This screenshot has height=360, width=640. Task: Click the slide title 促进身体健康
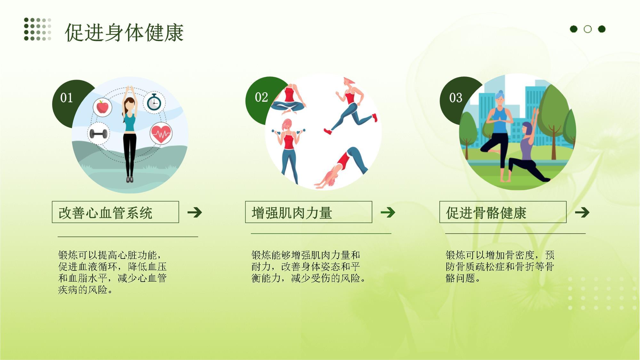(124, 33)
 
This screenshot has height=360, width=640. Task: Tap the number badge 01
(67, 98)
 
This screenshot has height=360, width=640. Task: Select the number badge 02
(261, 97)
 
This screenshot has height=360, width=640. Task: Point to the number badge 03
(455, 98)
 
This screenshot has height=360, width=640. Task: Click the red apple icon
(102, 107)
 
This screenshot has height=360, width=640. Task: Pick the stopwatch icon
(154, 102)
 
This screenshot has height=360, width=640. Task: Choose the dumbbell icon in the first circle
(98, 133)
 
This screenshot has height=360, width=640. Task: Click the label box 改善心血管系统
(115, 212)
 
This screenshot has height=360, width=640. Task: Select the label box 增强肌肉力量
(308, 212)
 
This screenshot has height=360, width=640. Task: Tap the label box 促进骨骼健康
(503, 212)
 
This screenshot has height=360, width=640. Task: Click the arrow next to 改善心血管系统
(195, 212)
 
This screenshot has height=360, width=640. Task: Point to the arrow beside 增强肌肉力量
(388, 212)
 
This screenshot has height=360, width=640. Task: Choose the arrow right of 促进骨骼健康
(582, 212)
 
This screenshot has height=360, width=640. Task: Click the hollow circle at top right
(588, 29)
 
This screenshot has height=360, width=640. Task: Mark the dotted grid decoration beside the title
(37, 29)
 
